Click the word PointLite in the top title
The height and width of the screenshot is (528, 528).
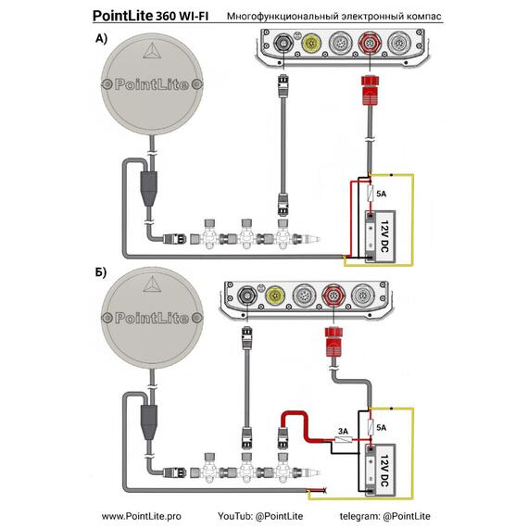(122, 16)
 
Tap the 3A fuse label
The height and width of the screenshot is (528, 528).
(343, 431)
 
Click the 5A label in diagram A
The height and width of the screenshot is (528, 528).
(381, 194)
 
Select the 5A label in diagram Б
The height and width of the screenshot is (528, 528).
(381, 428)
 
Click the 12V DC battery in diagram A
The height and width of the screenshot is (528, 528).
(380, 237)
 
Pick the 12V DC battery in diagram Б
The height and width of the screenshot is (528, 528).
(380, 470)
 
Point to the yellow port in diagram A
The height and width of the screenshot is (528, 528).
(310, 43)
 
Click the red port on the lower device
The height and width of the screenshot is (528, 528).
(333, 295)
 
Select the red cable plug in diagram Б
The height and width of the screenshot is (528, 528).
(333, 342)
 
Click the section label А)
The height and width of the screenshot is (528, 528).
(101, 39)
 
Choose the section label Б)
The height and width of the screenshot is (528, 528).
(101, 272)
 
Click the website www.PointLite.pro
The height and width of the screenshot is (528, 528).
(141, 516)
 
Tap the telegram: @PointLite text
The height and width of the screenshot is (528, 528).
(384, 516)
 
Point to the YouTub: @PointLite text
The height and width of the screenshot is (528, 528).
(260, 516)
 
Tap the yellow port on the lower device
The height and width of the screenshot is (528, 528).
(275, 295)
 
